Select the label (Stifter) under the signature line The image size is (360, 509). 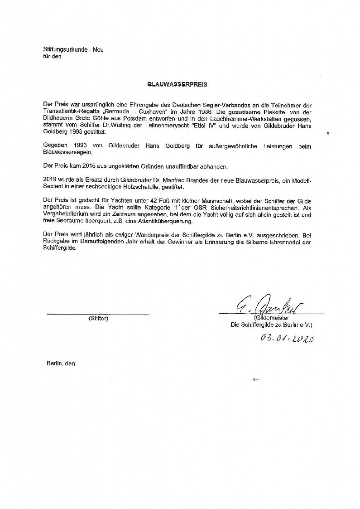coord(98,318)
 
